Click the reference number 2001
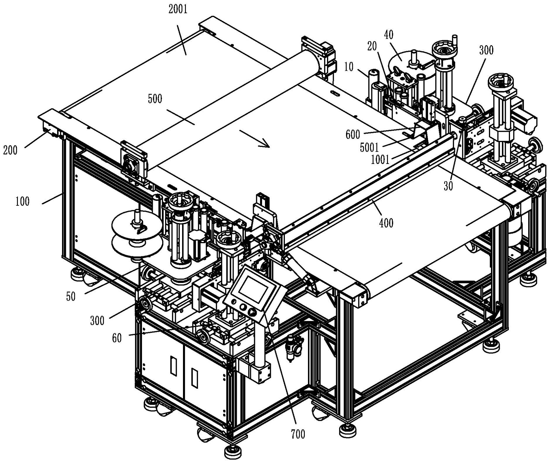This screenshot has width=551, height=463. click(178, 10)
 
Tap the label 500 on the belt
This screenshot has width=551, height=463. click(155, 99)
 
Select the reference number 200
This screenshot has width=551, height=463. click(10, 150)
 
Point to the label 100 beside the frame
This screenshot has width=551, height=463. click(23, 201)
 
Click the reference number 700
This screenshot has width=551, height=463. click(298, 434)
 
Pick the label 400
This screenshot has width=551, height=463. click(386, 223)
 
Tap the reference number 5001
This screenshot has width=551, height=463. click(369, 148)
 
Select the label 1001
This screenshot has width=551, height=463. click(380, 160)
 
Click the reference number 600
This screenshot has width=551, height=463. click(353, 134)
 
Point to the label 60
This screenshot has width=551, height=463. click(117, 338)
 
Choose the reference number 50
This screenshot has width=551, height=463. click(71, 297)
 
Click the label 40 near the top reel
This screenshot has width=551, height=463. click(389, 35)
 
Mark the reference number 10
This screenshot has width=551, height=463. click(349, 67)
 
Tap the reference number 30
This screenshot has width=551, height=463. click(448, 186)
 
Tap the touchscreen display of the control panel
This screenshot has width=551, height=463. click(253, 289)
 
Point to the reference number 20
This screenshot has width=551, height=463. click(372, 46)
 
